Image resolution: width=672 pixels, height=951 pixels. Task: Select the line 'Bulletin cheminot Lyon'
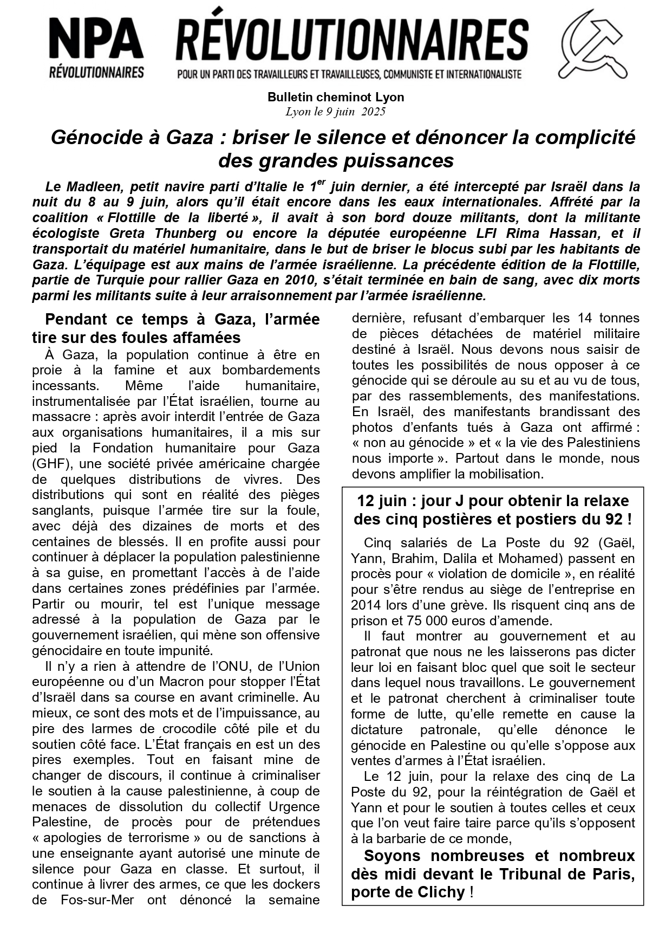pos(336,98)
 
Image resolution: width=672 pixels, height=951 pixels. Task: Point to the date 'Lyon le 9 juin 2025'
pos(336,112)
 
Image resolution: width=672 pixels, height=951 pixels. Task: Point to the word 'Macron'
pos(166,682)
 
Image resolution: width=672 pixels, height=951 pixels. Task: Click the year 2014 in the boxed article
pos(366,605)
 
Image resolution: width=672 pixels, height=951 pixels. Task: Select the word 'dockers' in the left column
pos(298,884)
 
